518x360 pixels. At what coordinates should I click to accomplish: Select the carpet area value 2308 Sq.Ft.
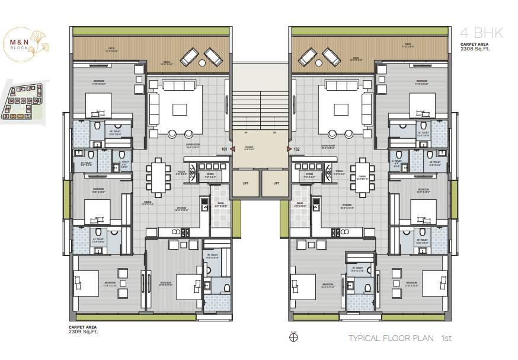474,49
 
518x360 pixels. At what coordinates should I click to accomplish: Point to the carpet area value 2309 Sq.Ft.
84,332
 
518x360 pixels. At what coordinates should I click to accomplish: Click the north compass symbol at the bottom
293,338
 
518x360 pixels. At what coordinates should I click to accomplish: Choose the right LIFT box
276,184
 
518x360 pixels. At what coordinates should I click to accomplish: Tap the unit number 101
224,149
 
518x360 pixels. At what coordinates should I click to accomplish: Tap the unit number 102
297,149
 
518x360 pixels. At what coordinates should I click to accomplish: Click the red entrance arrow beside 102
289,149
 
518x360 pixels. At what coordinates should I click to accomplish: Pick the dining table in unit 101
157,177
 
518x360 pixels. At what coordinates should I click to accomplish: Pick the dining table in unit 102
363,177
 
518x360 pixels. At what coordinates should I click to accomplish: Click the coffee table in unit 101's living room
180,109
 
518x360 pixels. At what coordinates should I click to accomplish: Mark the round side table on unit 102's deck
318,59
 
